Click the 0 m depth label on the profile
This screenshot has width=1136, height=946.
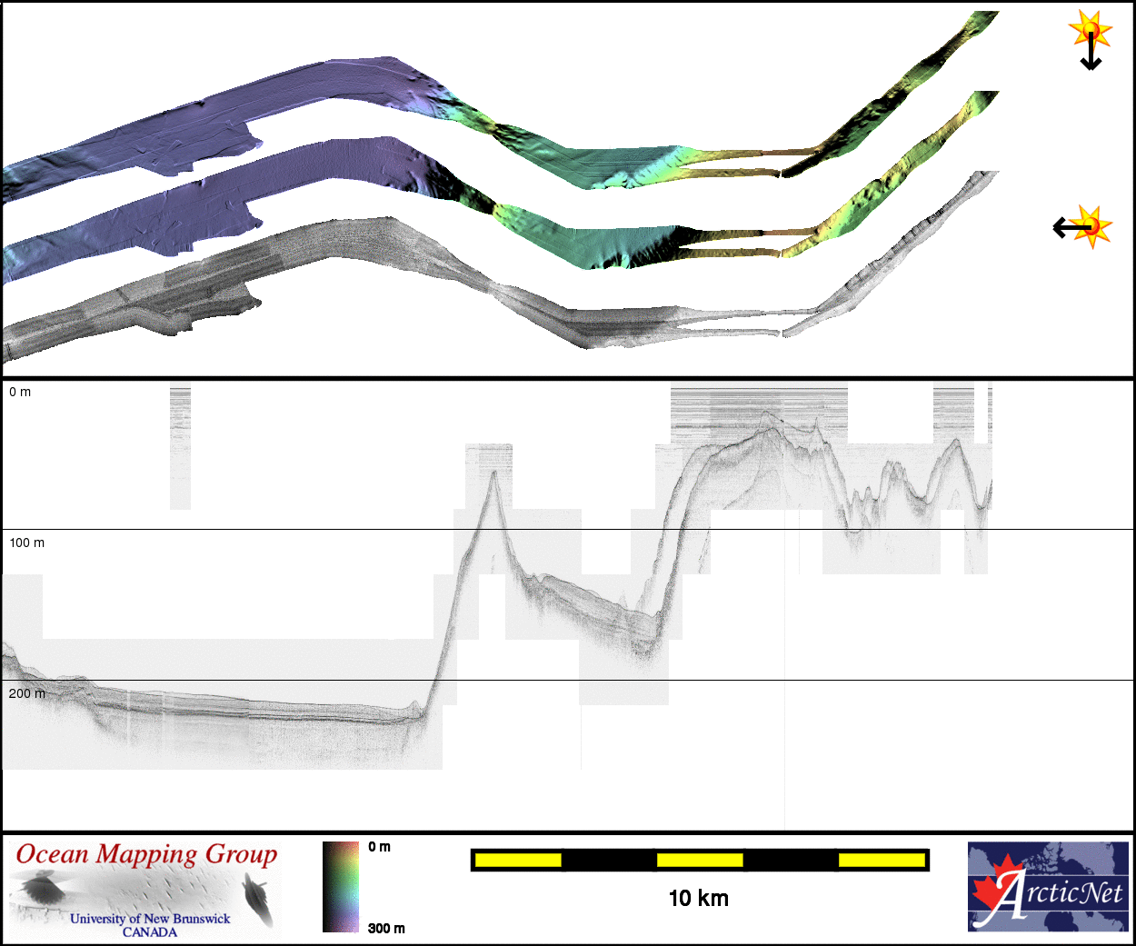click(20, 393)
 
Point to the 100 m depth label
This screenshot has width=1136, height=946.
click(26, 543)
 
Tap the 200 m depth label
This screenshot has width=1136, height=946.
click(26, 693)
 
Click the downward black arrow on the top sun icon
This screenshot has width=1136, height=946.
click(1091, 52)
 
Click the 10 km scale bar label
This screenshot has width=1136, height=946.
click(699, 899)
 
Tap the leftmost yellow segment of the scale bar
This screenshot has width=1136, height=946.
click(518, 860)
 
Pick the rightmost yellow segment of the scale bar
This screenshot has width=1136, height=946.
click(882, 860)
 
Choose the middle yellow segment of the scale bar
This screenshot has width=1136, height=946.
click(700, 860)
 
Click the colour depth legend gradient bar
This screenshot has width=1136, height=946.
click(341, 887)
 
